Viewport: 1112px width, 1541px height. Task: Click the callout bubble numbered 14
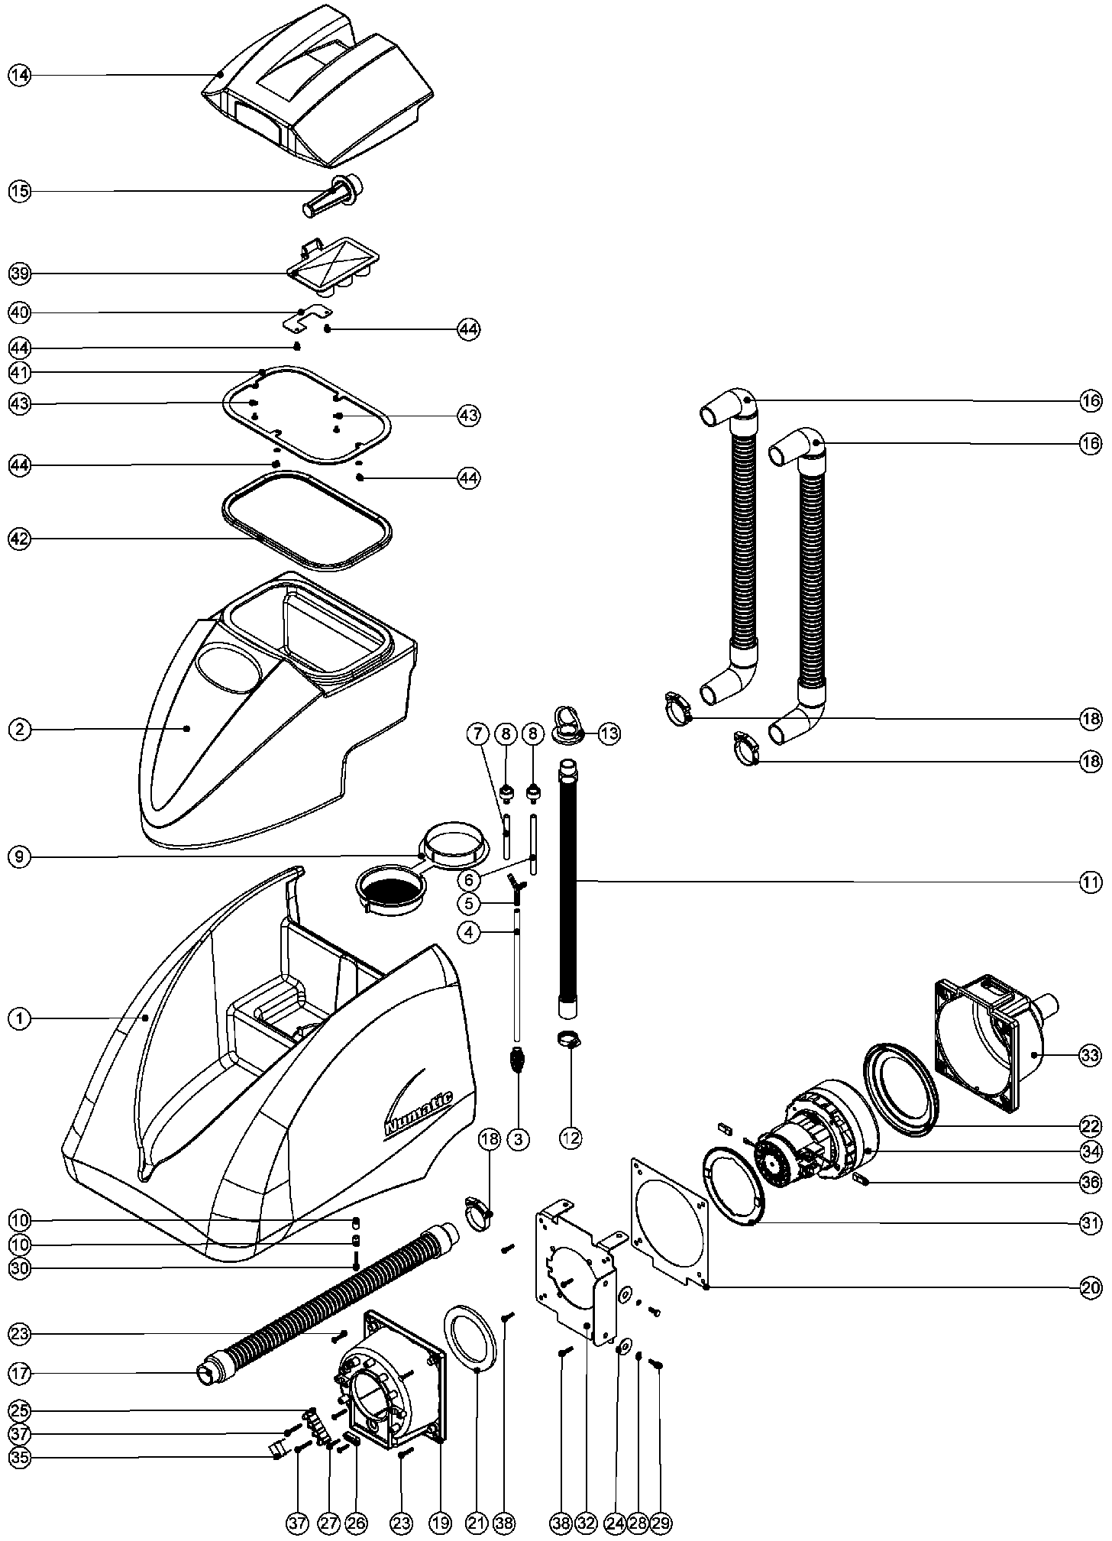tap(20, 75)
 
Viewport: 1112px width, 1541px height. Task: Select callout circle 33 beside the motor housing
tap(1090, 1056)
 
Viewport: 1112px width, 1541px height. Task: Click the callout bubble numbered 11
tap(1090, 882)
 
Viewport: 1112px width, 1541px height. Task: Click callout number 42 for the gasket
tap(20, 539)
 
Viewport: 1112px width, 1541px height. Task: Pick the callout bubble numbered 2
tap(20, 729)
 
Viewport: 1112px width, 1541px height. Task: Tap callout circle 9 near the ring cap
tap(20, 857)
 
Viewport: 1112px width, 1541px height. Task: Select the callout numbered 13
tap(609, 734)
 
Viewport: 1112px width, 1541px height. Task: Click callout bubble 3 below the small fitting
tap(518, 1138)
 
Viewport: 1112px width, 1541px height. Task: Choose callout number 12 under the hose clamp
tap(571, 1138)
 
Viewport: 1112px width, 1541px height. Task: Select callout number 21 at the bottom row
tap(477, 1523)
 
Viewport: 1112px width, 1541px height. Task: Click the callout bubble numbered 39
tap(20, 273)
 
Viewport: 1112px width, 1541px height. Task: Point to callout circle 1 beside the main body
tap(20, 1018)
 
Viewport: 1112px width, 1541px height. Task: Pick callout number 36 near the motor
tap(1090, 1182)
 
